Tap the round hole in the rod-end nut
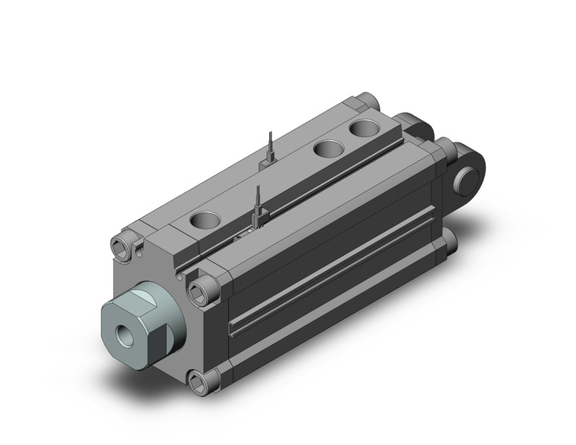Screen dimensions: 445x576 (x=123, y=331)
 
